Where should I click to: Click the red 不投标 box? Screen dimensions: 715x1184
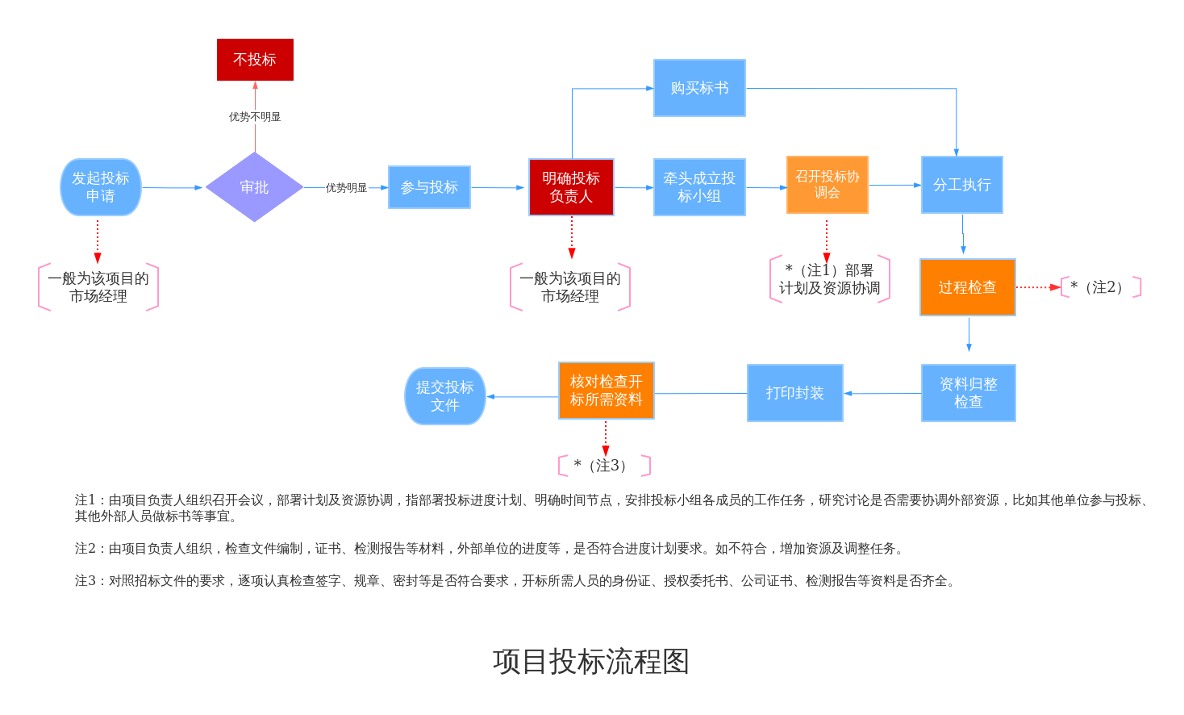(x=255, y=60)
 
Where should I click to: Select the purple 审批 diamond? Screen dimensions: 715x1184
(x=254, y=187)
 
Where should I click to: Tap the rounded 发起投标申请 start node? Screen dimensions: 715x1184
(x=101, y=187)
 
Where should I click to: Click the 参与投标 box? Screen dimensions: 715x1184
(x=429, y=187)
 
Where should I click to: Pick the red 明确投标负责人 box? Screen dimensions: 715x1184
(x=571, y=187)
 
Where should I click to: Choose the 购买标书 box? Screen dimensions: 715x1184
(x=699, y=88)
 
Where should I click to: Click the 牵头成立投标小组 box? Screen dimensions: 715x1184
(x=699, y=187)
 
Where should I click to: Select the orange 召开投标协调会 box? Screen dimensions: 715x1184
(x=827, y=185)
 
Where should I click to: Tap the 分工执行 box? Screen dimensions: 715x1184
(x=961, y=185)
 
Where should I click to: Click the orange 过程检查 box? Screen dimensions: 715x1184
(x=967, y=287)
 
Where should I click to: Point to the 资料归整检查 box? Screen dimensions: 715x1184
(x=968, y=393)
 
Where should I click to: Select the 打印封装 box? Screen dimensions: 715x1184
(x=794, y=393)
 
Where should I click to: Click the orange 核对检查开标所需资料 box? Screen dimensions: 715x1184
(x=606, y=391)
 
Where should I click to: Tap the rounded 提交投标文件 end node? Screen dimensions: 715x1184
(x=444, y=396)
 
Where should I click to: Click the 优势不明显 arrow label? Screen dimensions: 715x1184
(x=255, y=117)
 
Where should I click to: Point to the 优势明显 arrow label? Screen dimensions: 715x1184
(x=346, y=188)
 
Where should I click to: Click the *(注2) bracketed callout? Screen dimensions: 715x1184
(x=1101, y=287)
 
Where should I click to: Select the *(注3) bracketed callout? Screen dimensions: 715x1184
(x=604, y=466)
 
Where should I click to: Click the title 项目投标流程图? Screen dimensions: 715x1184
(x=591, y=662)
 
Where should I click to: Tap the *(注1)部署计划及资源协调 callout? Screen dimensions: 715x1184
(x=829, y=279)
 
